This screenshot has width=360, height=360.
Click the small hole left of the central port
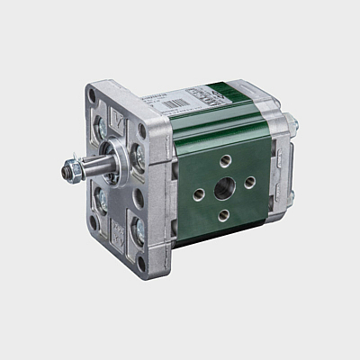[x=199, y=192]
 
